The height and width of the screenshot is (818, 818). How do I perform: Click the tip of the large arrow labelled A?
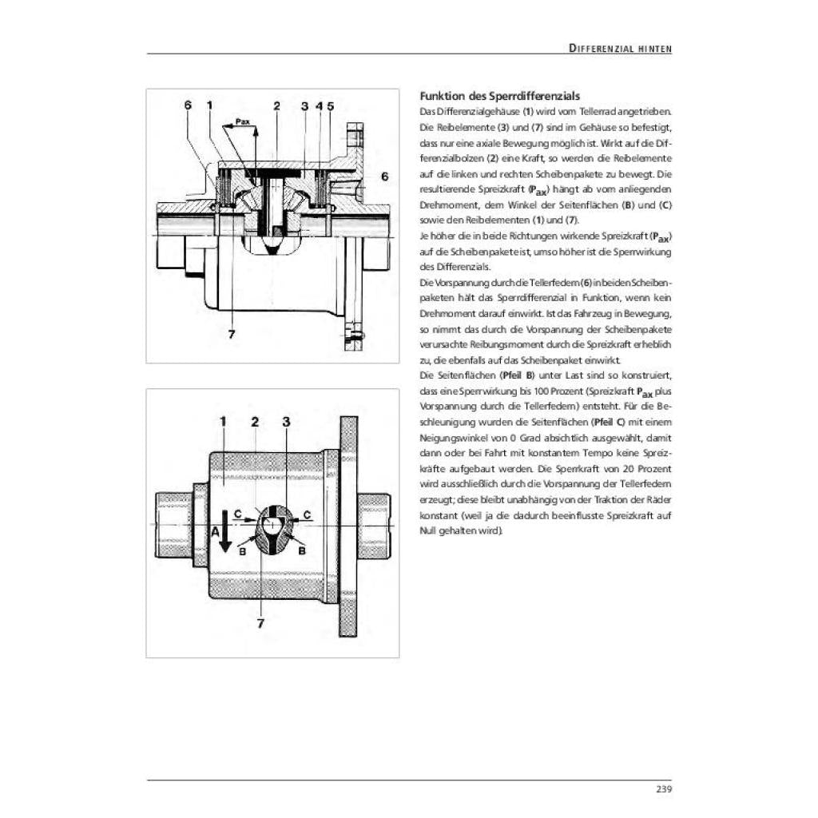pos(224,552)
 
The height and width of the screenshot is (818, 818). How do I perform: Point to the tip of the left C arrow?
pos(258,519)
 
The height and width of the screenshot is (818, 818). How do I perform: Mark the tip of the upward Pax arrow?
pos(256,128)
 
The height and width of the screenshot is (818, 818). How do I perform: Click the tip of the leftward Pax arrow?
pos(223,127)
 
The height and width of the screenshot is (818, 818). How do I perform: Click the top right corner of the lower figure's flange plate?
pos(357,417)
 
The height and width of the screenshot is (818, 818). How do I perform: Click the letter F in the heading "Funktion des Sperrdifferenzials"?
pos(423,97)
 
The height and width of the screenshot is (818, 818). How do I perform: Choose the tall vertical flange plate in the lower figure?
pos(348,526)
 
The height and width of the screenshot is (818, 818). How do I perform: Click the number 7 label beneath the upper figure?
pos(232,335)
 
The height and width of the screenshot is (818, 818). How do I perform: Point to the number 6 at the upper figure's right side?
pos(385,177)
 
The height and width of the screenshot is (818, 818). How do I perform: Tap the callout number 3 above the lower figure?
pos(286,422)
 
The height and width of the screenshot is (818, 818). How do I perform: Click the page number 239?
pos(664,789)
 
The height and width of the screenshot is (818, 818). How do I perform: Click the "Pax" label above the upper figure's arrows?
pos(243,121)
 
